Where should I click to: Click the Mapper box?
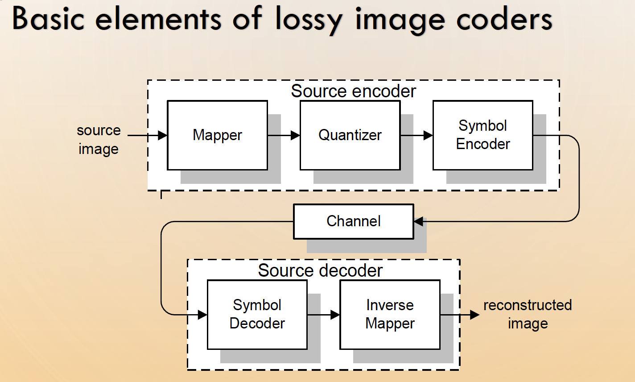point(217,135)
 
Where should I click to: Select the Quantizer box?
point(350,135)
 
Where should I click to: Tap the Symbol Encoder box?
point(483,135)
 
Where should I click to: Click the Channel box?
point(354,221)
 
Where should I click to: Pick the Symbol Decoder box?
point(257,315)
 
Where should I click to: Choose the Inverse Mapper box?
point(390,315)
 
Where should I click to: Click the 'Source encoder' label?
point(353,91)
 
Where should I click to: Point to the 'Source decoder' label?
point(320,270)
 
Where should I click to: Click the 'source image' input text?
point(99,139)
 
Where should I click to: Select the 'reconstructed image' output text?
point(528,314)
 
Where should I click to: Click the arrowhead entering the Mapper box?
point(162,135)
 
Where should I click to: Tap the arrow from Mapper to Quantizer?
point(284,135)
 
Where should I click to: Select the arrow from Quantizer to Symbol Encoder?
point(417,135)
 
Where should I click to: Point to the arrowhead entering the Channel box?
point(419,221)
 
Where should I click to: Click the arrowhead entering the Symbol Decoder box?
point(202,315)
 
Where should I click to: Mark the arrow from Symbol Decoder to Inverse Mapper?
point(324,315)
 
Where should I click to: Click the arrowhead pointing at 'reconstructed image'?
point(474,315)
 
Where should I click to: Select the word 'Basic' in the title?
point(49,20)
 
